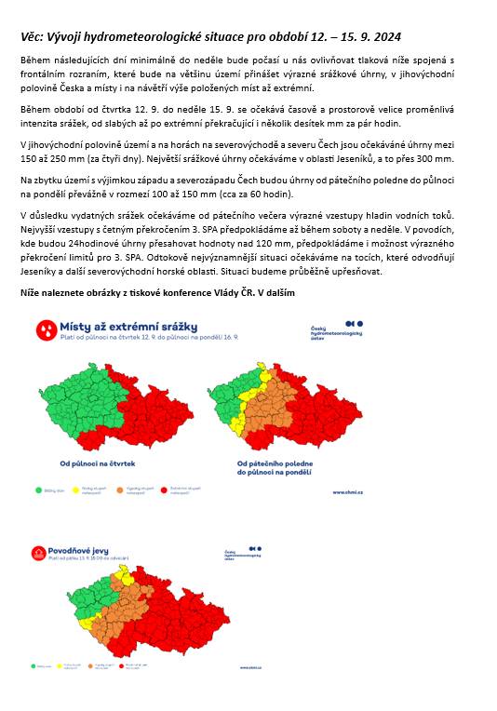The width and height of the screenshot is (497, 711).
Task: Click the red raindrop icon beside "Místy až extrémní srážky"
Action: click(x=44, y=329)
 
